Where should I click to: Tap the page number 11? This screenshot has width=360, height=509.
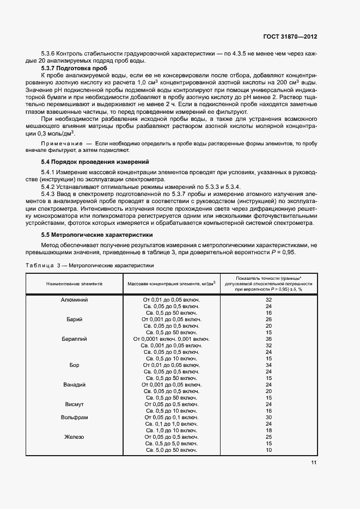click(314, 463)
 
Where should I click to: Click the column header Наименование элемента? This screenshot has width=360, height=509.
click(74, 284)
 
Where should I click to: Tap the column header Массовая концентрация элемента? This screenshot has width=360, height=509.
click(172, 284)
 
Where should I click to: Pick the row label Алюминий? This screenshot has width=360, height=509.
click(74, 300)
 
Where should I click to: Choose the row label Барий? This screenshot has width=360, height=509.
click(74, 320)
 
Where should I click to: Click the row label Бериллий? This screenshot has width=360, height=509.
click(74, 339)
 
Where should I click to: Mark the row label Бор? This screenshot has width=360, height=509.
click(74, 365)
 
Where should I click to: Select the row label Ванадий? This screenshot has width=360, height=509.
click(74, 385)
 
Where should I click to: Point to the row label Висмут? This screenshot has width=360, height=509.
click(74, 404)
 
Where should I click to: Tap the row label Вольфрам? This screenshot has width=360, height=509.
click(74, 418)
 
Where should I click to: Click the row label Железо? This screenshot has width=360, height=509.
click(74, 437)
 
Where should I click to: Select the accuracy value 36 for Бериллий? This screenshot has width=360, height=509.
click(269, 339)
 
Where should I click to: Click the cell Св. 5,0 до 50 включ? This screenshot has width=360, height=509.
click(171, 450)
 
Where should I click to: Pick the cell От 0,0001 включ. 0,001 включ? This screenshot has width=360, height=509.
click(171, 339)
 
